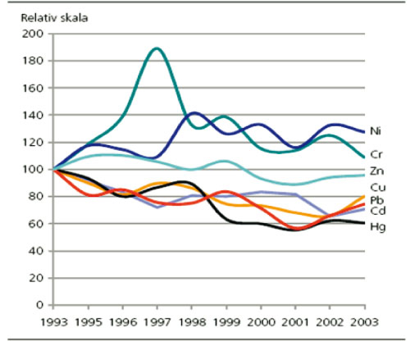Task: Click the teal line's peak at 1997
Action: click(156, 48)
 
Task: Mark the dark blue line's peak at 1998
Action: click(194, 113)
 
